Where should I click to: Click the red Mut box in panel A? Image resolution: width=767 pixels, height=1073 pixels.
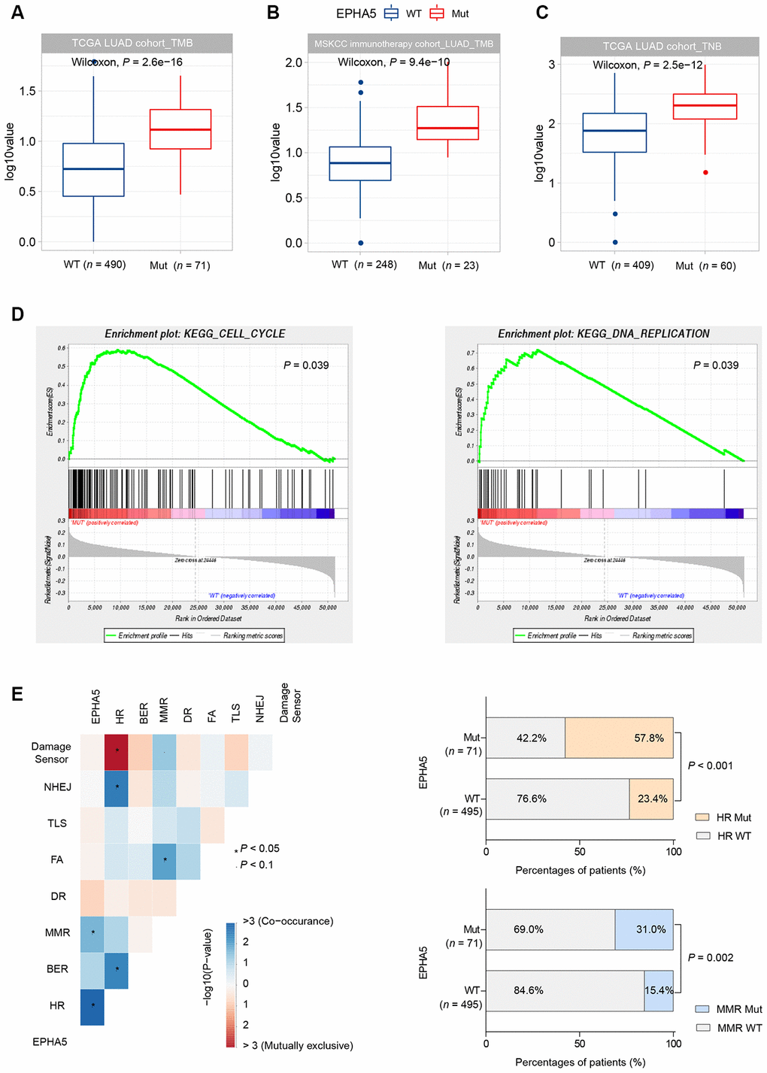(x=180, y=129)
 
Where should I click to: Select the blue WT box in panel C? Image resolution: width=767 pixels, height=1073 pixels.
(x=614, y=133)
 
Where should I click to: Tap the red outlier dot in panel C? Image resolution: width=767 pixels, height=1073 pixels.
(x=705, y=172)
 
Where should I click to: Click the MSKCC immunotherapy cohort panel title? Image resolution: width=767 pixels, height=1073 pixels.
(x=404, y=44)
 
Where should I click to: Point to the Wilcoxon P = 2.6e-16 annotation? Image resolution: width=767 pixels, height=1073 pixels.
(x=127, y=62)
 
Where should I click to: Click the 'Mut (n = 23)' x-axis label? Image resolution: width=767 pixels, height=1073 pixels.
(x=448, y=265)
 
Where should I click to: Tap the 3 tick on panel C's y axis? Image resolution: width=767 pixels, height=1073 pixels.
(x=552, y=65)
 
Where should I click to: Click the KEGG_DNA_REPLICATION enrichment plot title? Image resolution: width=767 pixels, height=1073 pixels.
(x=603, y=334)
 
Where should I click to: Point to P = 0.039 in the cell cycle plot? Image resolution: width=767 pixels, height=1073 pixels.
(x=306, y=365)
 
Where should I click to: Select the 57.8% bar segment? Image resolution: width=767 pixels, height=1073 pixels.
(x=619, y=738)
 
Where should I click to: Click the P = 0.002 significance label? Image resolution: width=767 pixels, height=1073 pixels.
(x=711, y=957)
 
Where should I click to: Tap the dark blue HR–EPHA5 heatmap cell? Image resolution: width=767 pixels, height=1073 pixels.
(x=92, y=1005)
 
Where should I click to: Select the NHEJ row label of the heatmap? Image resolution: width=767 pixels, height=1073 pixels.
(x=58, y=787)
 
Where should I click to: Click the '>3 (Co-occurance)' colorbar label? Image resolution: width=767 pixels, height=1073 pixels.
(x=288, y=921)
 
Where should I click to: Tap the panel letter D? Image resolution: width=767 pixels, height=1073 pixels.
(x=18, y=314)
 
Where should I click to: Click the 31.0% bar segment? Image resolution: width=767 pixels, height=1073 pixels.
(x=644, y=929)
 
